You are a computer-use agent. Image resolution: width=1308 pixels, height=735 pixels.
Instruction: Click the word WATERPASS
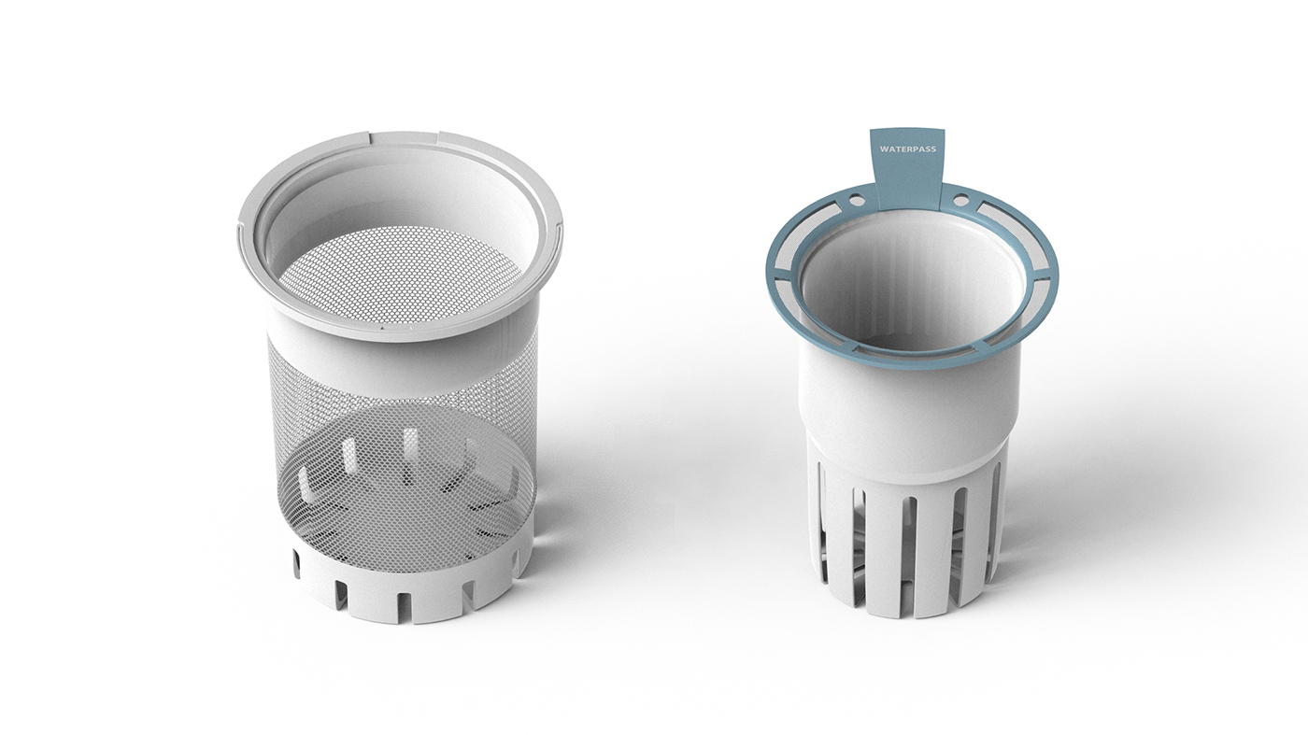(907, 148)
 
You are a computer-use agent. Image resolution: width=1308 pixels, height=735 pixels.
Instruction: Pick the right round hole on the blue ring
(960, 198)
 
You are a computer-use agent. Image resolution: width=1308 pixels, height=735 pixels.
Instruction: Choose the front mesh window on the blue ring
(911, 352)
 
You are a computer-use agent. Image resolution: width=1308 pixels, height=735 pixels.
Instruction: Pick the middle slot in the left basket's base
(404, 599)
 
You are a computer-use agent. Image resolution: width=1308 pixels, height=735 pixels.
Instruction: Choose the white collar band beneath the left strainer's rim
(402, 350)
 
